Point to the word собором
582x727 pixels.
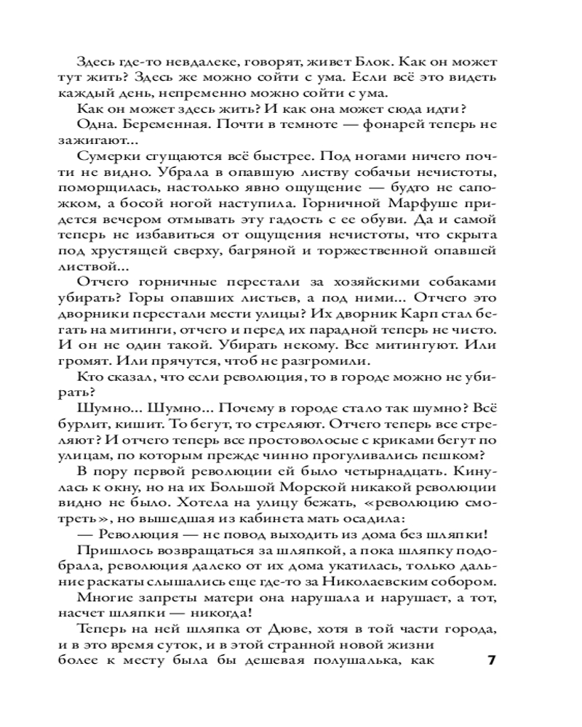[470, 582]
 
